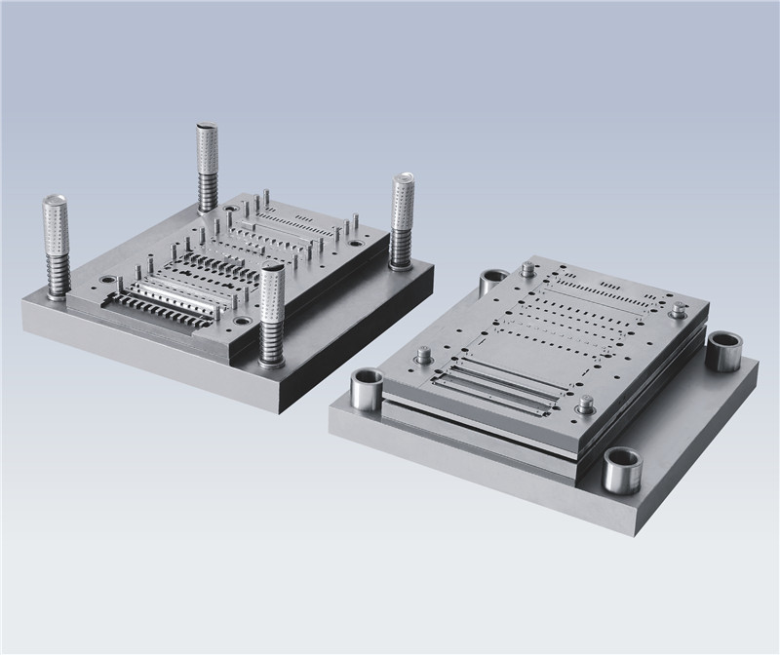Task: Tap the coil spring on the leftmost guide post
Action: pos(56,273)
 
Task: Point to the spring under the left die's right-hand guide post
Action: pos(400,250)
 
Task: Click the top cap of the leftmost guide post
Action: pos(55,203)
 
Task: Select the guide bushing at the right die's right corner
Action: pos(724,351)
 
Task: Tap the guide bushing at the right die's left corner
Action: pos(363,393)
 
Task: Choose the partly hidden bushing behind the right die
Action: pos(490,283)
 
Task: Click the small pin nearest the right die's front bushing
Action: pos(585,404)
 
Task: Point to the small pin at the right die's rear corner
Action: pos(527,268)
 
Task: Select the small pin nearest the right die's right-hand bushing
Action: pos(677,311)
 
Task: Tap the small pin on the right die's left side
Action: pos(424,355)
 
